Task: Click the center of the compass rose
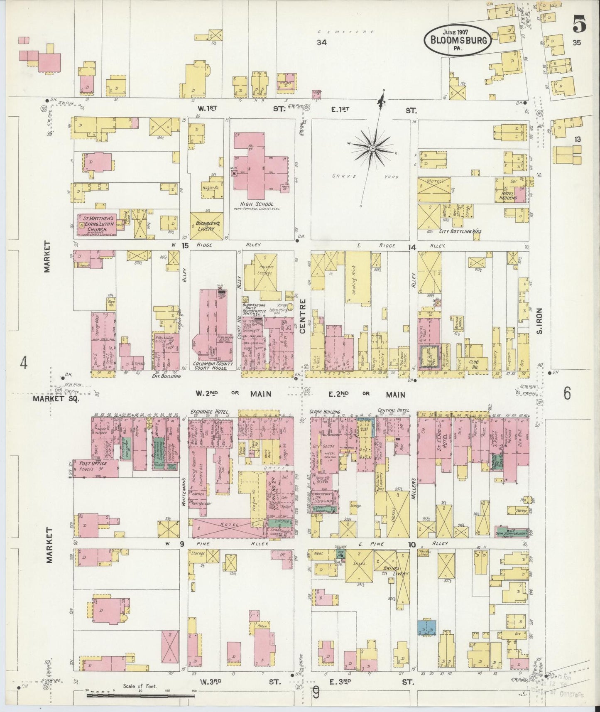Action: [372, 147]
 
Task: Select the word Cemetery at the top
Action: [346, 32]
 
